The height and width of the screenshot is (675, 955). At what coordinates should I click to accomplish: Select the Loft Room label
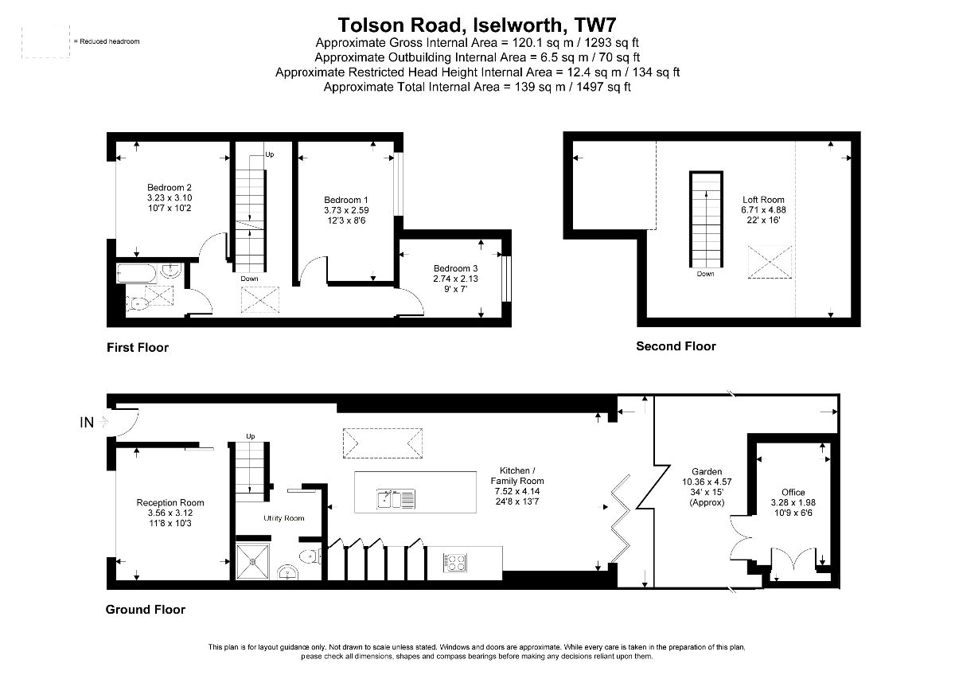tap(763, 200)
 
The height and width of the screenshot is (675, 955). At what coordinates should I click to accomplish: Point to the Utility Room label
tap(284, 518)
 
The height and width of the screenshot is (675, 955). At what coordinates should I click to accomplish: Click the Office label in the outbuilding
tap(793, 493)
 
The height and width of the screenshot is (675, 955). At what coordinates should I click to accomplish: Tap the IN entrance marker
tap(87, 423)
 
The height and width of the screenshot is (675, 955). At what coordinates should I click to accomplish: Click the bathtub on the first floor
tap(138, 273)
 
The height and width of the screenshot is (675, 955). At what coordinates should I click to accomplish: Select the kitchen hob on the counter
tap(454, 562)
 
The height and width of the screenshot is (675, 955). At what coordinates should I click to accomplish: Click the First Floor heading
tap(138, 348)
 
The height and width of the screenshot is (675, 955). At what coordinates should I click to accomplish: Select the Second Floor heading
tap(676, 346)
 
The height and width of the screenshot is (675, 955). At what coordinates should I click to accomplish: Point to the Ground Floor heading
tap(146, 610)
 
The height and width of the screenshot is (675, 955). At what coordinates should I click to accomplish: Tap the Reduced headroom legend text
tap(107, 41)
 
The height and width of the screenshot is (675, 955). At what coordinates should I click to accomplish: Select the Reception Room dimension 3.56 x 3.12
tap(170, 513)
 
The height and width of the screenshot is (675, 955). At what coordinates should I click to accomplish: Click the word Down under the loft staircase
tap(705, 274)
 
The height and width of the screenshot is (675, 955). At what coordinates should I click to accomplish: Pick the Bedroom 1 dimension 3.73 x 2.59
tap(346, 209)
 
